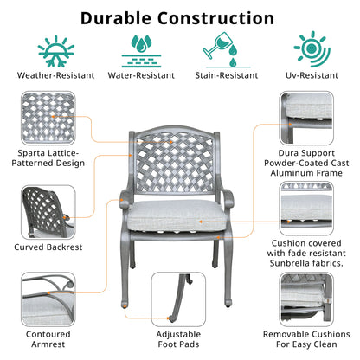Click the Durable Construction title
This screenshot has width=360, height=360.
pyautogui.click(x=177, y=18)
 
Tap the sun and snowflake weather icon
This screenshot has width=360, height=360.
pyautogui.click(x=56, y=51)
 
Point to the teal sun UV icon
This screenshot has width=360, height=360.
pyautogui.click(x=312, y=49)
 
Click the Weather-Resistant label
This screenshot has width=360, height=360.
pyautogui.click(x=56, y=75)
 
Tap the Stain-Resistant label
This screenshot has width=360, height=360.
pyautogui.click(x=227, y=75)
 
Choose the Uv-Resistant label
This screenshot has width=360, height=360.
pyautogui.click(x=312, y=75)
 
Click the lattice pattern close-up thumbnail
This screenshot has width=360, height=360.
pyautogui.click(x=48, y=118)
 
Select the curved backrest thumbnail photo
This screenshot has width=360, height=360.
pyautogui.click(x=48, y=212)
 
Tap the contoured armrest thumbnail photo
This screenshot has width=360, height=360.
pyautogui.click(x=48, y=299)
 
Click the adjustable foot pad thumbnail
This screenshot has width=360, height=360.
pyautogui.click(x=178, y=299)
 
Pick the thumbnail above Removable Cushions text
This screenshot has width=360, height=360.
pyautogui.click(x=306, y=299)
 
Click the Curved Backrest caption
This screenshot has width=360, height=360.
pyautogui.click(x=48, y=247)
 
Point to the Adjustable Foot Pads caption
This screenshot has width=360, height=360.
pyautogui.click(x=178, y=339)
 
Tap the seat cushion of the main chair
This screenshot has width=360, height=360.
pyautogui.click(x=177, y=215)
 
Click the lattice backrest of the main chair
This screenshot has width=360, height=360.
pyautogui.click(x=175, y=163)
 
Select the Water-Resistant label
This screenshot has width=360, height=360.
pyautogui.click(x=141, y=75)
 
